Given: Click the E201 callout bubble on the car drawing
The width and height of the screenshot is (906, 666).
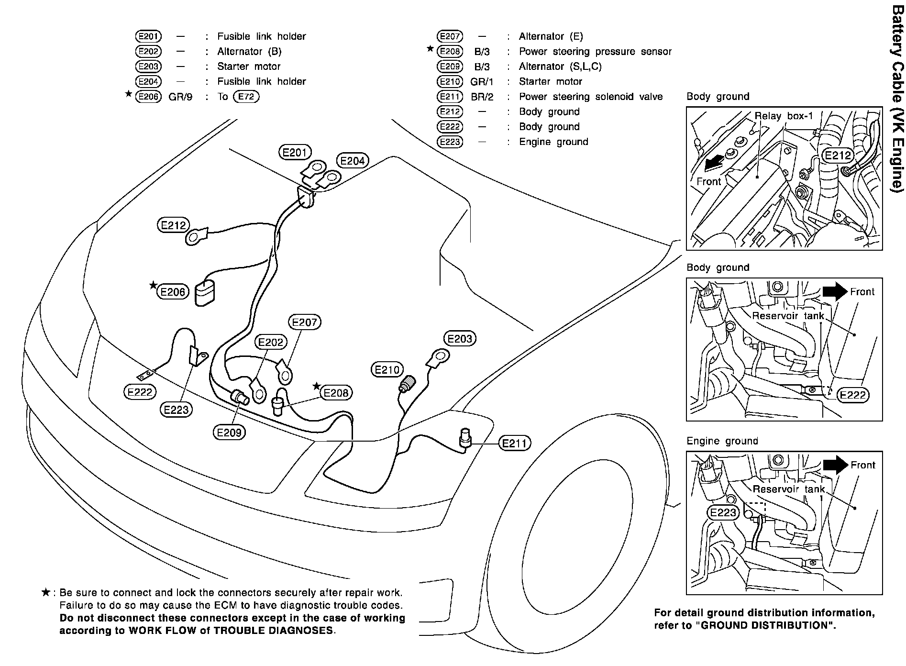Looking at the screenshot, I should click(x=294, y=153).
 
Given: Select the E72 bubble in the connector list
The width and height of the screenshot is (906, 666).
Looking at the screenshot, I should click(x=246, y=97).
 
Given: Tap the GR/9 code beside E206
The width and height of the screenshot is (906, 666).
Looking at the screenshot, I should click(x=180, y=97).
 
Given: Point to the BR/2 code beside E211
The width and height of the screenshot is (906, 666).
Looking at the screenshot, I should click(x=482, y=97).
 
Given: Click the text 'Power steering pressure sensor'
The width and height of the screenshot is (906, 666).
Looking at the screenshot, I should click(x=595, y=51).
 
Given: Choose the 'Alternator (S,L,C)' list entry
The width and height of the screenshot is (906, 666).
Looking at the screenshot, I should click(x=560, y=67).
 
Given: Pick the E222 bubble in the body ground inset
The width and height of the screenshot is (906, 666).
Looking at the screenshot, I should click(x=853, y=395).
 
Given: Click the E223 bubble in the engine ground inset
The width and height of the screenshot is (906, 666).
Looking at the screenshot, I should click(x=723, y=513).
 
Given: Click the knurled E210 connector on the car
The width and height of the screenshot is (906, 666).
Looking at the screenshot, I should click(x=408, y=384).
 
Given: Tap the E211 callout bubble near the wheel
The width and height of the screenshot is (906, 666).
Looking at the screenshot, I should click(x=514, y=444).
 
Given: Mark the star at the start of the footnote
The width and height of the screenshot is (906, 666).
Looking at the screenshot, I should click(x=46, y=593).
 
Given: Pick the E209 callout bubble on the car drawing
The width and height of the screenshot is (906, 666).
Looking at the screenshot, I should click(x=229, y=433).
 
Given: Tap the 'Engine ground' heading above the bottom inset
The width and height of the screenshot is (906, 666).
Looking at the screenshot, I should click(x=722, y=441).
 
